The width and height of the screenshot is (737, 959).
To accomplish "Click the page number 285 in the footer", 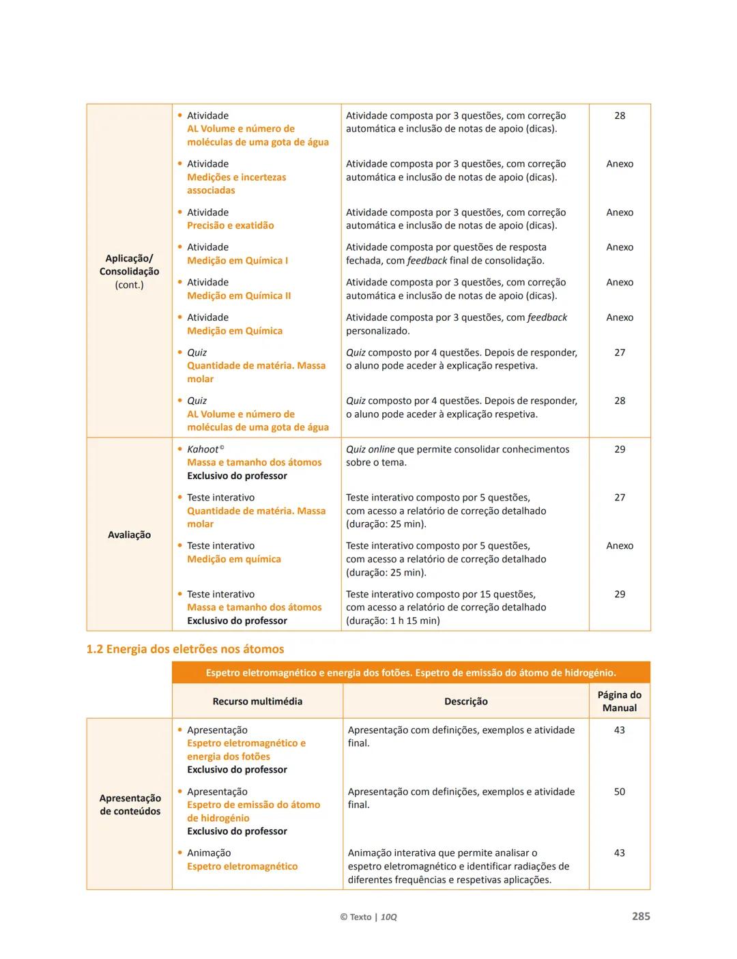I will click(640, 916).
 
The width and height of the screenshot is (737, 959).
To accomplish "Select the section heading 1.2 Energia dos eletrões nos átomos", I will click(185, 649).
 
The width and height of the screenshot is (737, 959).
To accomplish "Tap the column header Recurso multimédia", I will click(257, 701).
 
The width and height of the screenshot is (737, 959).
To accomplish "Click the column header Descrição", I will click(466, 701).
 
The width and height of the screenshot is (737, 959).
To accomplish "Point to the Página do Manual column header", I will click(619, 701).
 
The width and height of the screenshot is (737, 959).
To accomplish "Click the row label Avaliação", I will click(129, 534).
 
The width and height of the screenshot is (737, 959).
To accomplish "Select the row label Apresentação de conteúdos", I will click(130, 804).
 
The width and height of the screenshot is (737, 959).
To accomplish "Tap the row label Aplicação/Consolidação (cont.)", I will click(129, 271).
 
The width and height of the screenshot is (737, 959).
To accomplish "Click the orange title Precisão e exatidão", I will click(231, 225).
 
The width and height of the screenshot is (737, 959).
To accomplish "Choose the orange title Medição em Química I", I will click(237, 260).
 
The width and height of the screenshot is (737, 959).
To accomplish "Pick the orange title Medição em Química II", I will click(239, 296).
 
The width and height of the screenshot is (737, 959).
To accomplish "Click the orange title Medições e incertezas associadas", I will click(236, 184).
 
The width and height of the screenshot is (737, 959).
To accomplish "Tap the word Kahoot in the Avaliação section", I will click(203, 449).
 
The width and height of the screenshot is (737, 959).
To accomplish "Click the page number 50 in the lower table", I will click(619, 792).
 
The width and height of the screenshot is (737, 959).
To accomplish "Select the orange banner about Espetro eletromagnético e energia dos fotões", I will click(411, 672).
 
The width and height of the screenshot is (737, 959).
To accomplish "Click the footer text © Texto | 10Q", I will click(369, 917).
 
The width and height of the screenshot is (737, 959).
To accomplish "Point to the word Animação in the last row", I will click(209, 853).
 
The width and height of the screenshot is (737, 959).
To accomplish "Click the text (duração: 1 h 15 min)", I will click(393, 620).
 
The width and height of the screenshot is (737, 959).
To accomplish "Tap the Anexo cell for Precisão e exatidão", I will click(619, 212).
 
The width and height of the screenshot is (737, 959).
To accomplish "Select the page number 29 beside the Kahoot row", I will click(619, 449).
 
